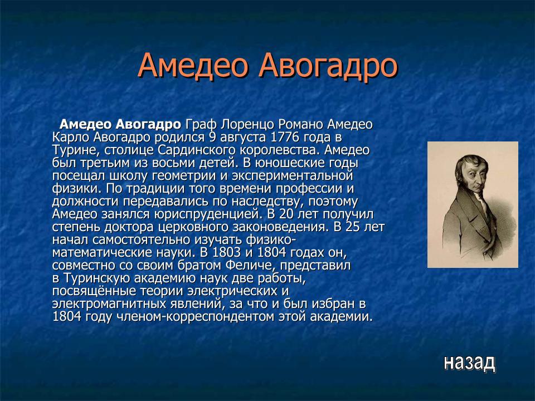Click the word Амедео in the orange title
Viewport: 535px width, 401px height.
pyautogui.click(x=193, y=66)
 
